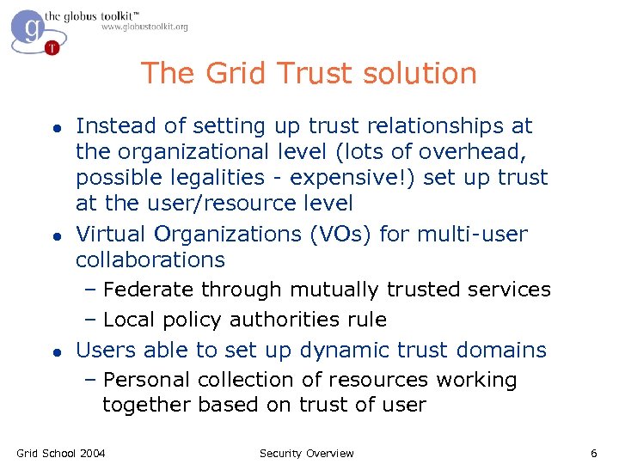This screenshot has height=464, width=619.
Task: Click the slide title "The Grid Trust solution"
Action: click(x=309, y=73)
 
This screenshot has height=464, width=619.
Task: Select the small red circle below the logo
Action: click(x=52, y=47)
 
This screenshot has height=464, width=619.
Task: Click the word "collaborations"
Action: click(x=150, y=259)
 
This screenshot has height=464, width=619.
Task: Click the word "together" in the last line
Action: click(x=147, y=405)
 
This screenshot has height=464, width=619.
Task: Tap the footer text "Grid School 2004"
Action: click(x=61, y=453)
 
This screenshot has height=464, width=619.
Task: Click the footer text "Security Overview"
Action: click(x=306, y=453)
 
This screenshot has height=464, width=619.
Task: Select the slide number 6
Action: click(x=593, y=453)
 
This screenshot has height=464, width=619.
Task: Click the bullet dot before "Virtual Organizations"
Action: click(x=54, y=235)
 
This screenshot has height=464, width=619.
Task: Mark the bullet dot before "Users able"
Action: click(x=54, y=351)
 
